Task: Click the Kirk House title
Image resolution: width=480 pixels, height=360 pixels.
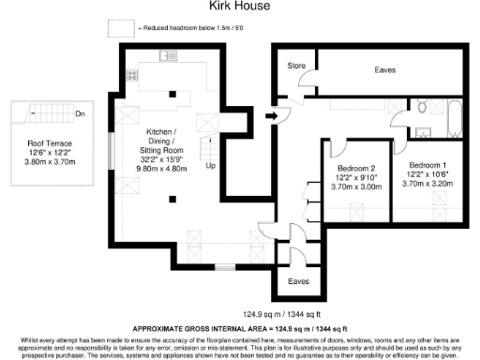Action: [239, 7]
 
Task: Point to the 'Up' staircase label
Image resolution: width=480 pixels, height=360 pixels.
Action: [211, 166]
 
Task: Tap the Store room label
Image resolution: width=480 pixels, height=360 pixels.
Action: [297, 67]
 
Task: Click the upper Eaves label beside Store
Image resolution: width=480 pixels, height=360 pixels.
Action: [384, 69]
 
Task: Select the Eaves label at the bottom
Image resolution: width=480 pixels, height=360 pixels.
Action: [299, 280]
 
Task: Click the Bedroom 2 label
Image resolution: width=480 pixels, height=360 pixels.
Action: [355, 169]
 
